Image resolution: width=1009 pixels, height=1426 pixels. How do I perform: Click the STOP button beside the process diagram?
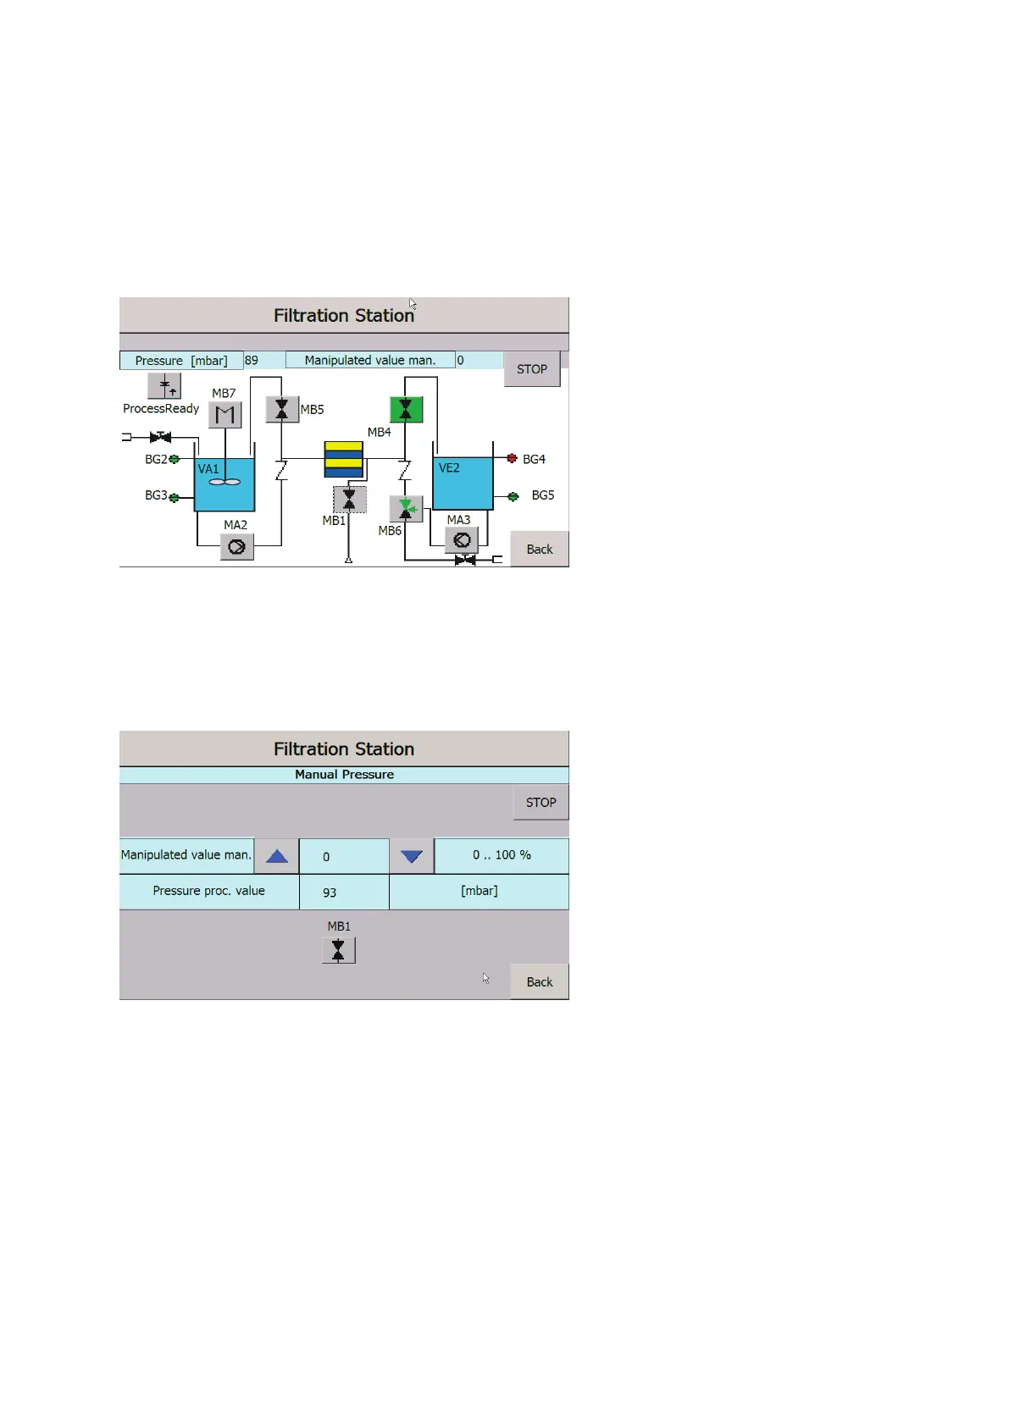tap(532, 369)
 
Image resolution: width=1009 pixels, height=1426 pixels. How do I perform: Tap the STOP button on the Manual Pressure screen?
tap(541, 802)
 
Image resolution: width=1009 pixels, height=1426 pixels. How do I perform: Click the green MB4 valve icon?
tap(406, 409)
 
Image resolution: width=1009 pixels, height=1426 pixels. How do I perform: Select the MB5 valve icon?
tap(282, 409)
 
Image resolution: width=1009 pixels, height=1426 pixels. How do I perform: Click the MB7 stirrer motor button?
tap(225, 414)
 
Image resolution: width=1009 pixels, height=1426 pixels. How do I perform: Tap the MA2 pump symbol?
tap(237, 547)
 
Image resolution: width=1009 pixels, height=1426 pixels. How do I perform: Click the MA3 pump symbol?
tap(462, 539)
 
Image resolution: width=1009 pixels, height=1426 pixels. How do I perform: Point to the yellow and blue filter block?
tap(344, 459)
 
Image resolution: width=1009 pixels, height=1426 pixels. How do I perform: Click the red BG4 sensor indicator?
tap(512, 458)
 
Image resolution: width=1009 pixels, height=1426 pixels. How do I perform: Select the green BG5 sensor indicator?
tap(513, 496)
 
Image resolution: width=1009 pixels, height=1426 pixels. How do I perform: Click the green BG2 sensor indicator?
tap(175, 459)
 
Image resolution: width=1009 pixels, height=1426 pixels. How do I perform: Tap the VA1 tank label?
tap(208, 468)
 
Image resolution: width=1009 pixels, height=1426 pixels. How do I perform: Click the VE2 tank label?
tap(449, 467)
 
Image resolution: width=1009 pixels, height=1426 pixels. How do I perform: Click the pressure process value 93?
tap(330, 893)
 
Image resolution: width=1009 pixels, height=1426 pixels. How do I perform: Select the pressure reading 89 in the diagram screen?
tap(252, 360)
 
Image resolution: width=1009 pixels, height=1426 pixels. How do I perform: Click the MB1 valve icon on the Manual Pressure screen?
tap(338, 950)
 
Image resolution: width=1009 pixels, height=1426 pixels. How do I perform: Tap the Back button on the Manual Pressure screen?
tap(539, 981)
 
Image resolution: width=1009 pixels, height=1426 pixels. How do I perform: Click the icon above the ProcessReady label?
tap(164, 386)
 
